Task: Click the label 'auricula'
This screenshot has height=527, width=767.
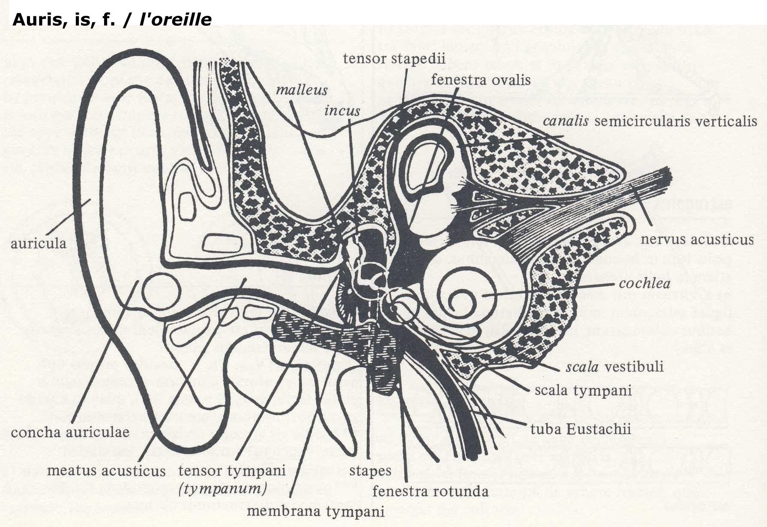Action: pyautogui.click(x=38, y=243)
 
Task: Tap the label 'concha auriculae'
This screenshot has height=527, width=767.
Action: pyautogui.click(x=70, y=432)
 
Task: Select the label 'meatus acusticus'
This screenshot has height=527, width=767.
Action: pyautogui.click(x=106, y=471)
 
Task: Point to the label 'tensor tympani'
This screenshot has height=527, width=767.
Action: pyautogui.click(x=232, y=471)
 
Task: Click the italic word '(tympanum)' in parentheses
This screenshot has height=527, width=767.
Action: pyautogui.click(x=222, y=488)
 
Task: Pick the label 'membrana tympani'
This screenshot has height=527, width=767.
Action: pyautogui.click(x=316, y=511)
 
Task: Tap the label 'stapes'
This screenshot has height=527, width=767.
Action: pyautogui.click(x=370, y=471)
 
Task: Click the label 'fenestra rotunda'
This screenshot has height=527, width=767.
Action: pyautogui.click(x=430, y=491)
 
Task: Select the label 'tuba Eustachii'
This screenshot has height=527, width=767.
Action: pyautogui.click(x=581, y=429)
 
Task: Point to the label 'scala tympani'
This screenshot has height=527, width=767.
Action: pyautogui.click(x=583, y=390)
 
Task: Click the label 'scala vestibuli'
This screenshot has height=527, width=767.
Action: pyautogui.click(x=614, y=366)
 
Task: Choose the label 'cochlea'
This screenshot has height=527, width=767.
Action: pyautogui.click(x=644, y=284)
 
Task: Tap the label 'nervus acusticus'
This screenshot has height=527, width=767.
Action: pyautogui.click(x=697, y=239)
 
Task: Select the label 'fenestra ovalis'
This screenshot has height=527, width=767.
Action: pyautogui.click(x=481, y=80)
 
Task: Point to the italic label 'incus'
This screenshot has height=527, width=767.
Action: pyautogui.click(x=342, y=111)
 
